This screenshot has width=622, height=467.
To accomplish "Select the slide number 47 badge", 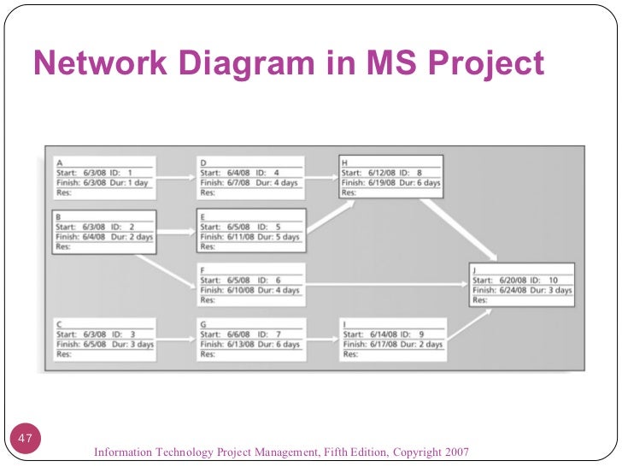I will pos(25,440).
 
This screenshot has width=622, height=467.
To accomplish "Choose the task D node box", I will pos(249,176).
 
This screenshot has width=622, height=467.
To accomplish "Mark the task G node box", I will pos(249,339).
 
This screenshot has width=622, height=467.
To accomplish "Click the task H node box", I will pos(391,176).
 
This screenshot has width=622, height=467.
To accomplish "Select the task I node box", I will pos(391,339).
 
